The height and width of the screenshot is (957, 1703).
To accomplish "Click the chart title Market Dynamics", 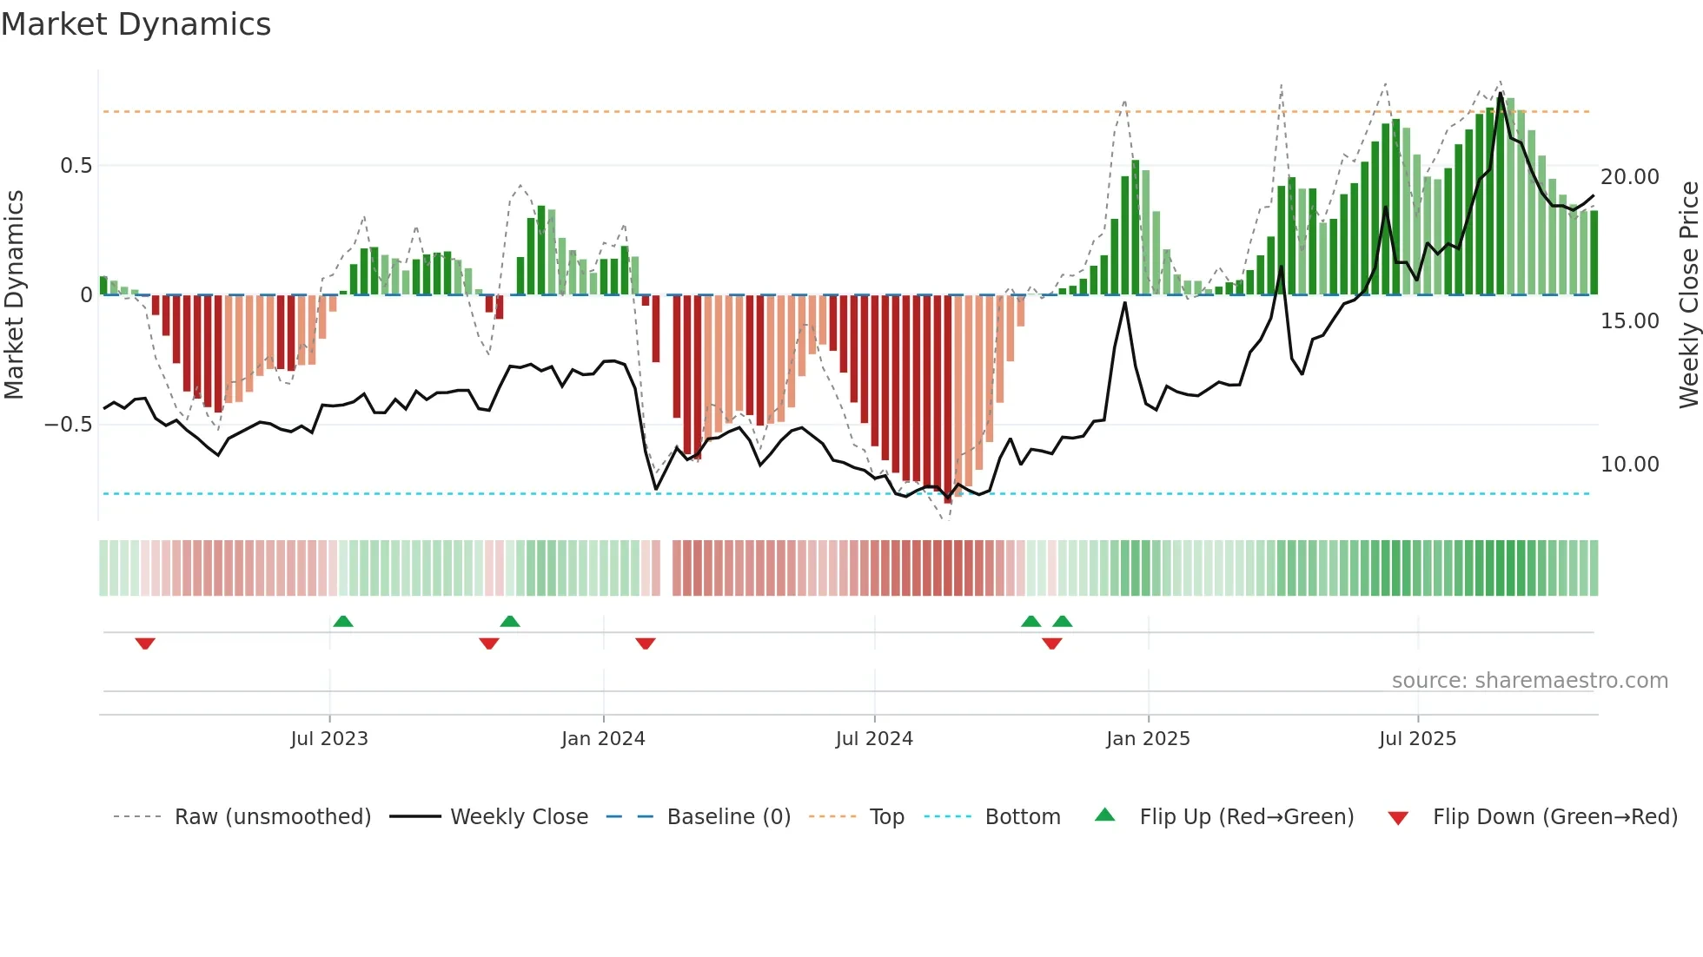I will click(136, 24).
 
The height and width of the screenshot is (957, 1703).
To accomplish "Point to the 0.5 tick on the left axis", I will click(76, 166).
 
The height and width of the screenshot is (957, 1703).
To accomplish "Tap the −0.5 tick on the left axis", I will click(69, 425).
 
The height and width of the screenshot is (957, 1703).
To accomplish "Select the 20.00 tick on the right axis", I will click(1629, 177).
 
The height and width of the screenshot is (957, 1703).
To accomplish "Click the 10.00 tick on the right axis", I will click(1629, 465).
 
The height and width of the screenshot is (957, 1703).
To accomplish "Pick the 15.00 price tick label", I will click(1629, 321).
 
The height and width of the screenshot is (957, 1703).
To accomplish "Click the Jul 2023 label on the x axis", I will click(329, 739).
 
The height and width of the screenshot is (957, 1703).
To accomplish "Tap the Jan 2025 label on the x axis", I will click(1148, 739).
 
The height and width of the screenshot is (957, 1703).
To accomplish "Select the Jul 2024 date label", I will click(874, 739).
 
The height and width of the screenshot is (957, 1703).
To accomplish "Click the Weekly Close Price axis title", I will click(1688, 295).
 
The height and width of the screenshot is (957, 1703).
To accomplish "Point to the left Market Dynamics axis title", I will click(14, 295).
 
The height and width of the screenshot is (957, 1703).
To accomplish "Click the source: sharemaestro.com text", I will click(1529, 681).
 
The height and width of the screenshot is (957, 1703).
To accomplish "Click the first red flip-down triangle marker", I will click(145, 643).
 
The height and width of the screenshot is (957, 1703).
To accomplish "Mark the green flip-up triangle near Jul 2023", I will click(343, 622).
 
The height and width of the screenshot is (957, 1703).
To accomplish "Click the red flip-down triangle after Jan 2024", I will click(645, 643).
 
